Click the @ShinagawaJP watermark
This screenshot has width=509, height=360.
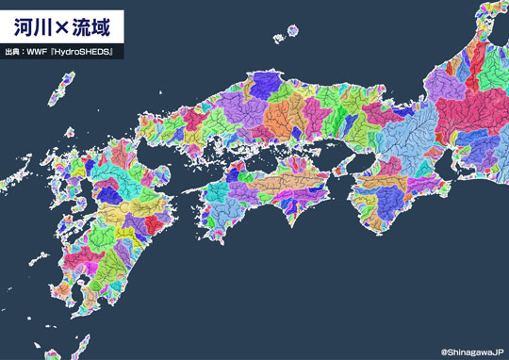[x=471, y=352]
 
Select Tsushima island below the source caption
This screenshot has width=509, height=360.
[x=67, y=90]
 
